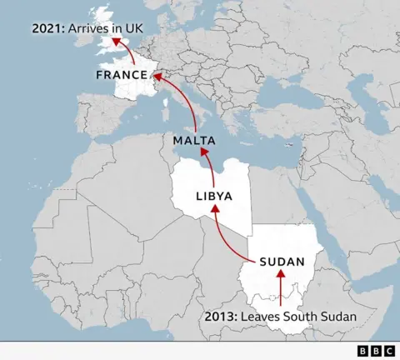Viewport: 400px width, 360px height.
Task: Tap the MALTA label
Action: (x=195, y=140)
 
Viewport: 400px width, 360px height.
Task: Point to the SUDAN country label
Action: (x=282, y=261)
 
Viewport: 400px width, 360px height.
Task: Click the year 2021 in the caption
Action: (x=47, y=28)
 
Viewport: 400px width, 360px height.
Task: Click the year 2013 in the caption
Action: (x=221, y=317)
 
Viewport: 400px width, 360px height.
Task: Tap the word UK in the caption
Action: (x=134, y=28)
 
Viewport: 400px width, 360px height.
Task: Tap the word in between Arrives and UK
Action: (x=117, y=28)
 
